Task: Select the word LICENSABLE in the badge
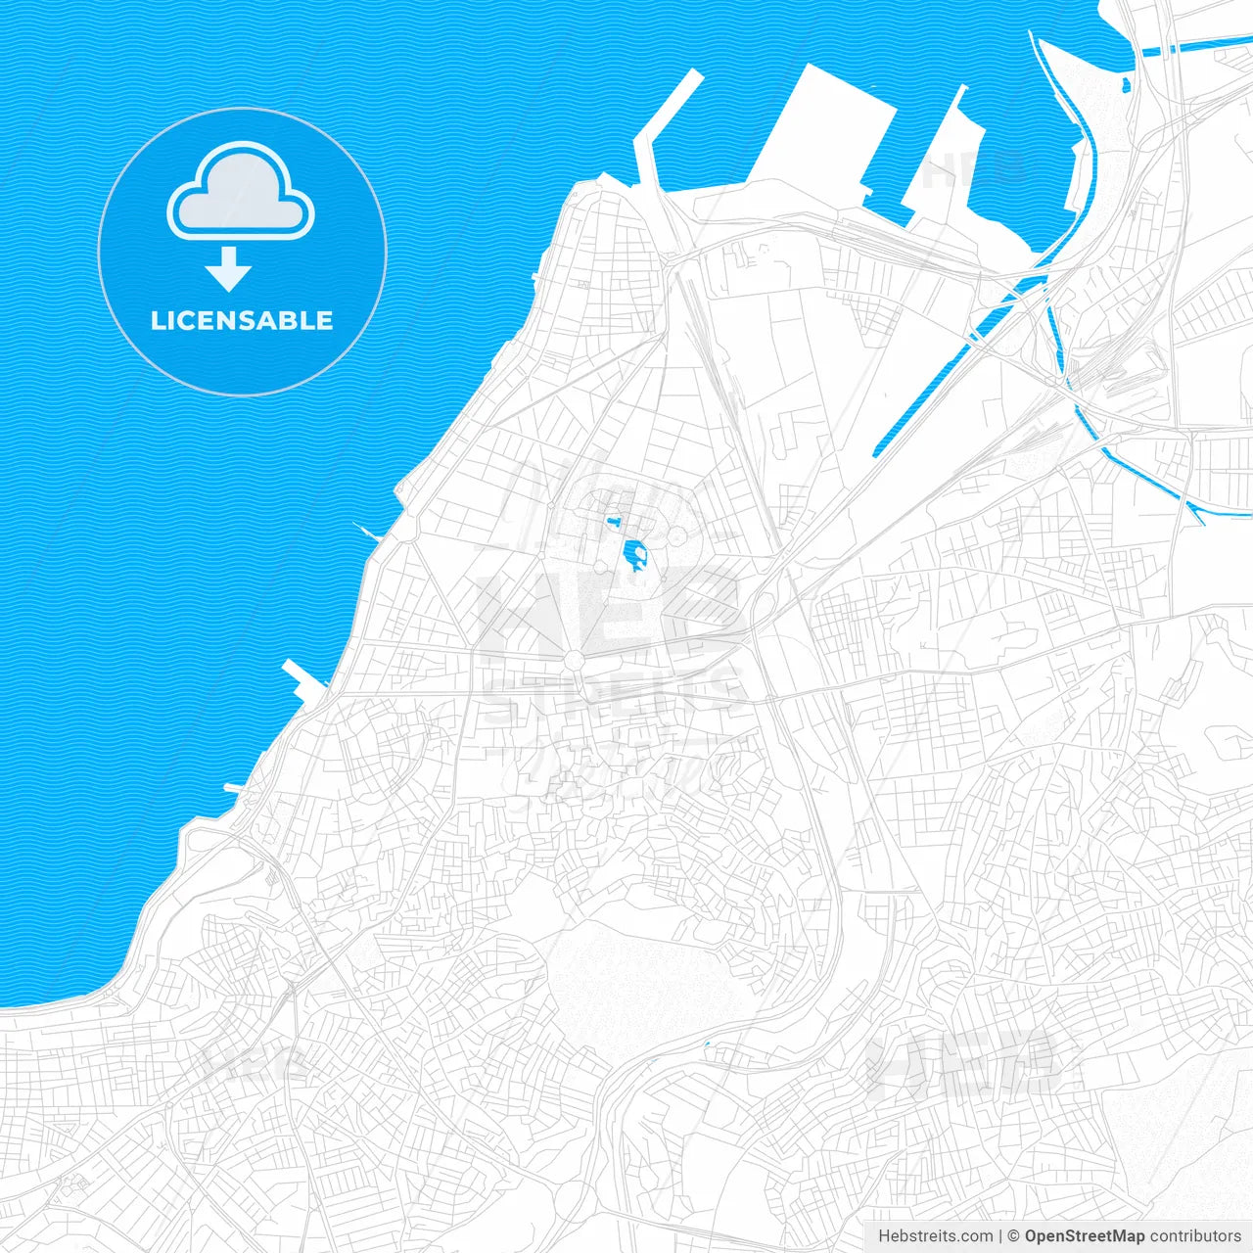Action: [x=242, y=320]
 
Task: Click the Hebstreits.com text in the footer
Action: [x=935, y=1236]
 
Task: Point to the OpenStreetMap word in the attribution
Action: [x=1084, y=1236]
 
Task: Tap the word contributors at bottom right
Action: [x=1195, y=1236]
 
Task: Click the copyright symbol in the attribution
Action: [x=1013, y=1236]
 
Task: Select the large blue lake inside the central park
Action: [x=633, y=555]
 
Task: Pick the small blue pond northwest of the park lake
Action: [x=614, y=522]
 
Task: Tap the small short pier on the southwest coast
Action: [x=235, y=787]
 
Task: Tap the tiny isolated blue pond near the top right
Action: [x=1127, y=85]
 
